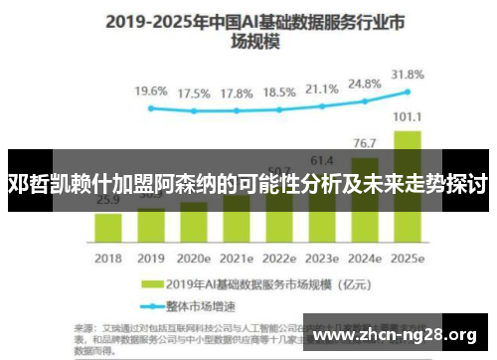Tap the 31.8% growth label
pos(408,74)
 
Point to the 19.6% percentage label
pos(151,90)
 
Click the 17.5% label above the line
pos(193,93)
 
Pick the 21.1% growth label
pos(321,90)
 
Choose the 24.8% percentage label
pos(365,84)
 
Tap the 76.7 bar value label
pos(365,143)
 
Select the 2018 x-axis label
pos(107,256)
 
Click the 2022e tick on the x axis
pos(278,256)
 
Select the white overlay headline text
pos(248,184)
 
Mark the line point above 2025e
pos(408,92)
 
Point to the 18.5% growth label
pos(278,91)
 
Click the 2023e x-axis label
pos(321,256)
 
